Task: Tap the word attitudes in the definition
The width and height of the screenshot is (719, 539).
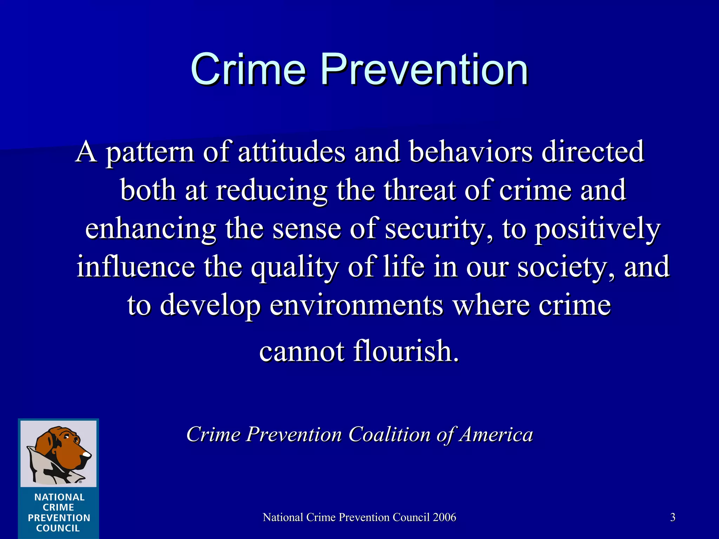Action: coord(292,152)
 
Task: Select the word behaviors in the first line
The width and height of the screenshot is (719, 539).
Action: coord(471,152)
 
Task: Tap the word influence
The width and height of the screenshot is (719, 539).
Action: coord(136,267)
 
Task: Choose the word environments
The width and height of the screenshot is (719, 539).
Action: coord(356,305)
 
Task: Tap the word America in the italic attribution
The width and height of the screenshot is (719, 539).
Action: coord(497,434)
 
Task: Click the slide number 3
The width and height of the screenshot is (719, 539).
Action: coord(673,517)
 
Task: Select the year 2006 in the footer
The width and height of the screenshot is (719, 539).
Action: coord(444,517)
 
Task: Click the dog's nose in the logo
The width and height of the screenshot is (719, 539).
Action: coord(86,455)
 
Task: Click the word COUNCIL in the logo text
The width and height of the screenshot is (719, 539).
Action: coord(58,528)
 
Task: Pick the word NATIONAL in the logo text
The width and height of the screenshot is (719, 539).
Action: coord(59,497)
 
